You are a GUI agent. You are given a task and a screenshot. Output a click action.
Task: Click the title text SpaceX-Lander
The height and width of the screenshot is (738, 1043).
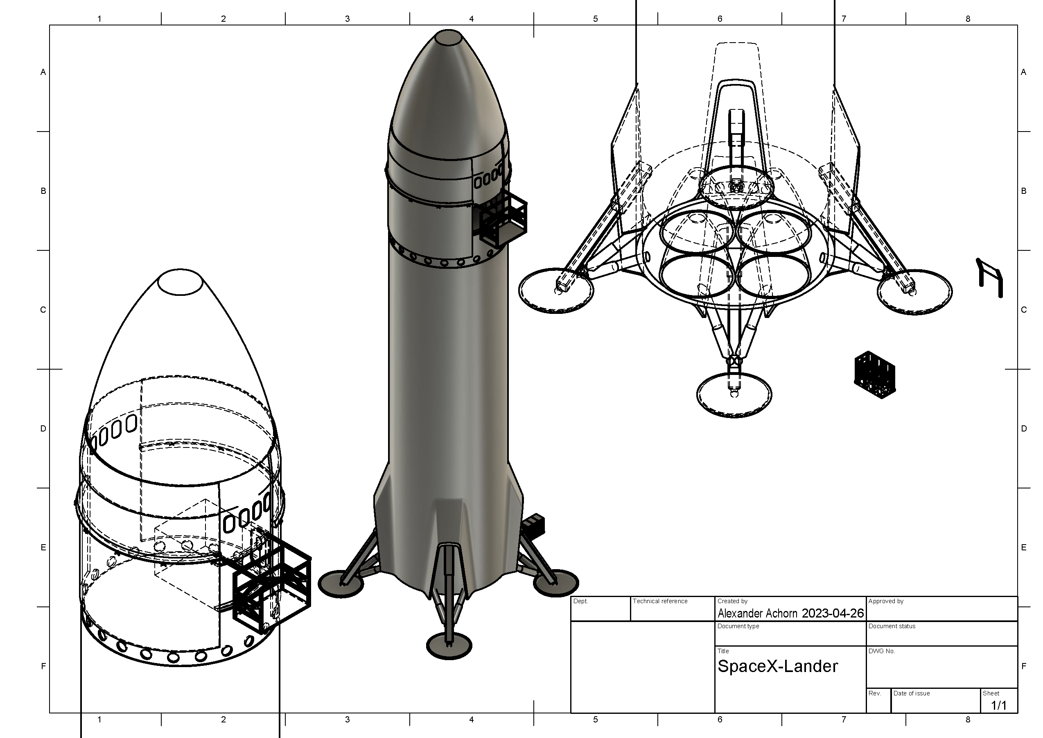[x=777, y=667]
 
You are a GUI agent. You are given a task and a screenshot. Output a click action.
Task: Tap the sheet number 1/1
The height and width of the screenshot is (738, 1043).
[x=998, y=705]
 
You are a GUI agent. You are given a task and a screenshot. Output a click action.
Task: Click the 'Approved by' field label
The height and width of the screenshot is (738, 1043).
[x=885, y=601]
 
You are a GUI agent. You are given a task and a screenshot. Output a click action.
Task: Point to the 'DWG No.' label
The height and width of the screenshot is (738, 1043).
[x=881, y=651]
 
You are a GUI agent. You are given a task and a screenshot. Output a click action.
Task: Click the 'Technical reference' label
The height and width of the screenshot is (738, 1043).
[x=659, y=601]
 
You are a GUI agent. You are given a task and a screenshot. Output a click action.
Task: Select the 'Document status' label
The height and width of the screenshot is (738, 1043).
[x=891, y=626]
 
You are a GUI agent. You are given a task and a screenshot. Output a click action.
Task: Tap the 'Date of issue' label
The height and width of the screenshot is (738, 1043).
[x=911, y=693]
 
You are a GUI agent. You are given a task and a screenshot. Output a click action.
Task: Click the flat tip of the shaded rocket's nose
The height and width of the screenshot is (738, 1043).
[x=448, y=37]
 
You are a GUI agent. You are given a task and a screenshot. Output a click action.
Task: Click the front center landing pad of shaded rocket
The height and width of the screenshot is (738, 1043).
[x=449, y=646]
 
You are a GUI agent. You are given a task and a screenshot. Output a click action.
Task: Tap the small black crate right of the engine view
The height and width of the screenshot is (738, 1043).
[x=874, y=375]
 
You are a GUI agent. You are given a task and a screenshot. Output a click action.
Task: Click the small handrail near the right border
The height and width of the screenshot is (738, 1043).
[x=990, y=278]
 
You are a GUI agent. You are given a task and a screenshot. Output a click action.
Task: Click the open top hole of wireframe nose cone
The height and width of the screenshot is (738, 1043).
[x=180, y=282]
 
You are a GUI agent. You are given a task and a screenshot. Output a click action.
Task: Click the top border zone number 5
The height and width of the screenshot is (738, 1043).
[x=595, y=18]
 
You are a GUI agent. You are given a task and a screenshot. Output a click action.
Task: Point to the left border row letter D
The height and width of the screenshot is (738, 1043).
[x=43, y=428]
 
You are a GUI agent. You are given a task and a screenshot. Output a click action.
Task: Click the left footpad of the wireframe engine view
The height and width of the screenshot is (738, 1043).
[x=556, y=290]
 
